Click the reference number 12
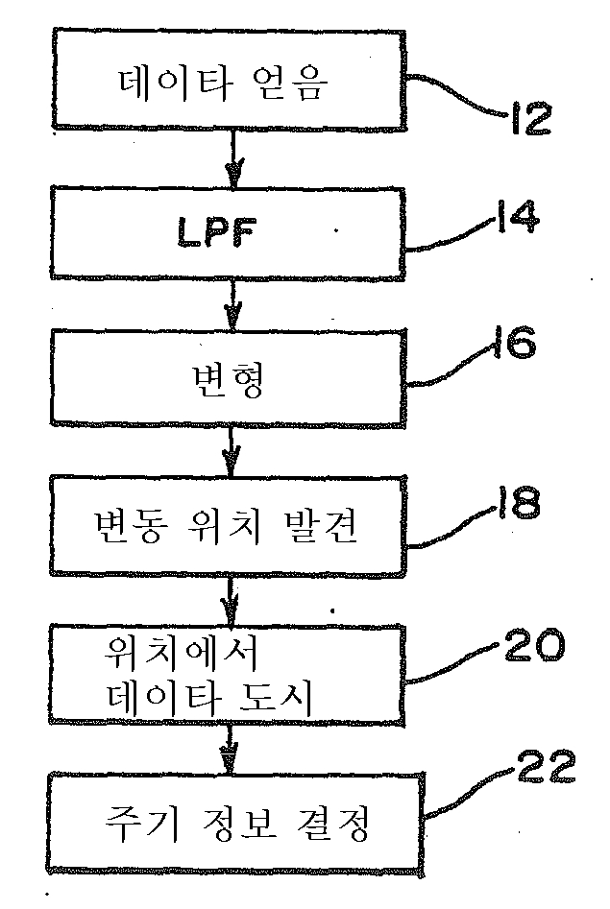click(x=524, y=119)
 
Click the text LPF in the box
click(x=230, y=233)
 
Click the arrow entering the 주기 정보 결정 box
click(x=229, y=752)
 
